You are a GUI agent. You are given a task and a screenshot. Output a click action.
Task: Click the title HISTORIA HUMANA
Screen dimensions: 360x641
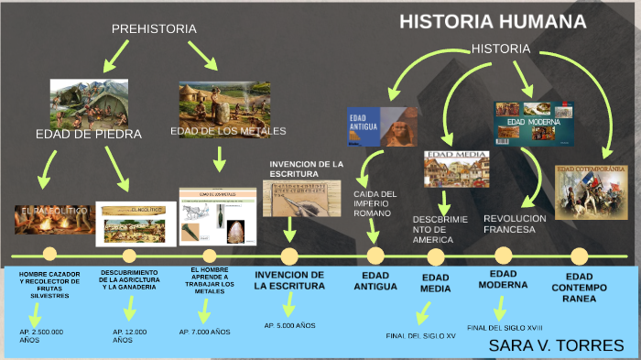coord(493,22)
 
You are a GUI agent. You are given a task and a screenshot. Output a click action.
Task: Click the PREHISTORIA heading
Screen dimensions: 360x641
coord(154,29)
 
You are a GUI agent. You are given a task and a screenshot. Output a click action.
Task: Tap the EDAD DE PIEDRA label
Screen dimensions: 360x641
coord(89,135)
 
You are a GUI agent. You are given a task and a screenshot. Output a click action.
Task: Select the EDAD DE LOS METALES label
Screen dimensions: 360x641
coord(228,131)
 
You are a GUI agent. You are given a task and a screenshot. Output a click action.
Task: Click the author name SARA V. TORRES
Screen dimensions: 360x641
coord(556,345)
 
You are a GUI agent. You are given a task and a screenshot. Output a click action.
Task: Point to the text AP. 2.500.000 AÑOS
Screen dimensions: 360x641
coord(41,335)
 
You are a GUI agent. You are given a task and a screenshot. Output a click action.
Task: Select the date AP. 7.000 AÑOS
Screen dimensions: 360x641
coord(204,332)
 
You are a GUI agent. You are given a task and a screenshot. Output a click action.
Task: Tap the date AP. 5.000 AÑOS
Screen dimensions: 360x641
coord(289,325)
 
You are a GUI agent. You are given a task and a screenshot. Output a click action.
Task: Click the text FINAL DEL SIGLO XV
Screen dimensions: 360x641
coord(421,335)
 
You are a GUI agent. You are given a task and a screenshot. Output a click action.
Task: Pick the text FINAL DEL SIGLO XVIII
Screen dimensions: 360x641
coord(505,327)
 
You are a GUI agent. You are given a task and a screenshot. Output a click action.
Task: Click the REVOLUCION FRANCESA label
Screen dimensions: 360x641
coord(515,224)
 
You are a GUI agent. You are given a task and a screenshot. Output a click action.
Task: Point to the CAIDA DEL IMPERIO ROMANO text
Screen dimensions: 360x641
coord(375,203)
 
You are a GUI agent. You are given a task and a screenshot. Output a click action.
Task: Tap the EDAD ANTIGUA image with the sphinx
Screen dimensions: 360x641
coord(382,126)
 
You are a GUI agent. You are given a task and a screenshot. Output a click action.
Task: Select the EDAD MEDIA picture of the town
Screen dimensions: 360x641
coord(456,169)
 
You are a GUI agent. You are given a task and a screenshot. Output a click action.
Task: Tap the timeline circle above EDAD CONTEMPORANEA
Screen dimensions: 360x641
coord(579,256)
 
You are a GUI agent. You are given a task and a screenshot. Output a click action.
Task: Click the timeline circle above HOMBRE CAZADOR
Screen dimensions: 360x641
coord(49,255)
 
